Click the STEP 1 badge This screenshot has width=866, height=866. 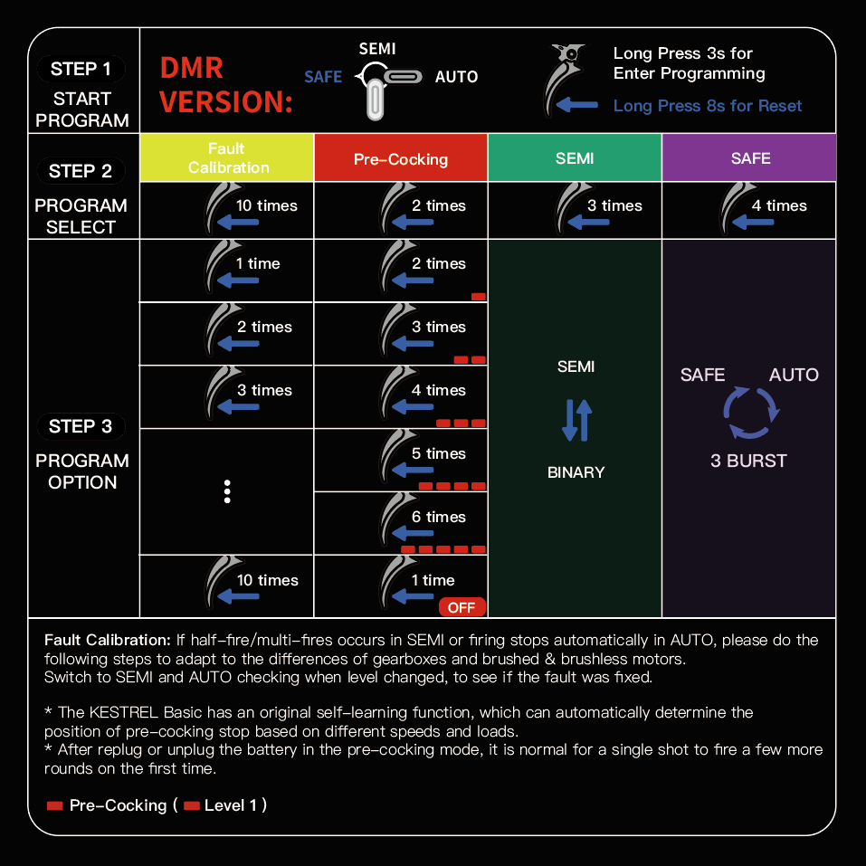point(81,69)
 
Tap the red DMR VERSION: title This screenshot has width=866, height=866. point(226,85)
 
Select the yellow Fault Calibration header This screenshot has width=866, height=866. point(226,158)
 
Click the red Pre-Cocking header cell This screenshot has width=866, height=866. point(400,159)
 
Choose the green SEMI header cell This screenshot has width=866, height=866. point(575,158)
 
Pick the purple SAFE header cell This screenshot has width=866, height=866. point(750,158)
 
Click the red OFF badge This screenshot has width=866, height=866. point(462,607)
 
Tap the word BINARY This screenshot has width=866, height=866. point(576,472)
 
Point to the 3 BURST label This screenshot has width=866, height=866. point(748,461)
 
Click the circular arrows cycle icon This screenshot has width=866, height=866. point(750,414)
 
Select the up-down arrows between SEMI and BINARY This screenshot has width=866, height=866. point(576,419)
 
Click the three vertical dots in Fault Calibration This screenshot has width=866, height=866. point(227,491)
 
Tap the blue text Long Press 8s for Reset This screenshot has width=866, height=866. point(707,106)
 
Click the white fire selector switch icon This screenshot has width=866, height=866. point(385,85)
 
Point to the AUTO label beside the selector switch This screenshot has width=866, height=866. point(456,77)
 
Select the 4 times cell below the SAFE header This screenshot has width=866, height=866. point(750,210)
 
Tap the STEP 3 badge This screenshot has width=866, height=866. point(81,426)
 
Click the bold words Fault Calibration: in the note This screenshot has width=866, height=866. point(107,640)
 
